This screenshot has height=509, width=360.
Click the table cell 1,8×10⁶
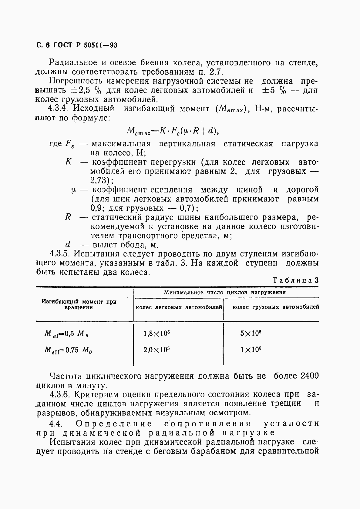pyautogui.click(x=156, y=333)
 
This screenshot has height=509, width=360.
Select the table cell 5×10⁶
pyautogui.click(x=251, y=333)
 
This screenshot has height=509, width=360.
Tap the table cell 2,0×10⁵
pyautogui.click(x=156, y=350)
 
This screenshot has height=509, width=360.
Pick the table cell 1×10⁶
pyautogui.click(x=251, y=350)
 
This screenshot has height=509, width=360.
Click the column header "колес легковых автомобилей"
pyautogui.click(x=179, y=307)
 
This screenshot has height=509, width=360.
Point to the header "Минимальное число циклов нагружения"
pyautogui.click(x=225, y=293)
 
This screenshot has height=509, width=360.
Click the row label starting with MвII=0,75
pyautogui.click(x=68, y=350)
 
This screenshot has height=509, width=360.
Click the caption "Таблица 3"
pyautogui.click(x=295, y=280)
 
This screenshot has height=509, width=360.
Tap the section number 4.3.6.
pyautogui.click(x=60, y=394)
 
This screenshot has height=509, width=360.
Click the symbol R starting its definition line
pyautogui.click(x=68, y=217)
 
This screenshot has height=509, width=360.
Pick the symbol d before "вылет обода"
pyautogui.click(x=68, y=245)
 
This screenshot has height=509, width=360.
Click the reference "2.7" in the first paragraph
pyautogui.click(x=216, y=72)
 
